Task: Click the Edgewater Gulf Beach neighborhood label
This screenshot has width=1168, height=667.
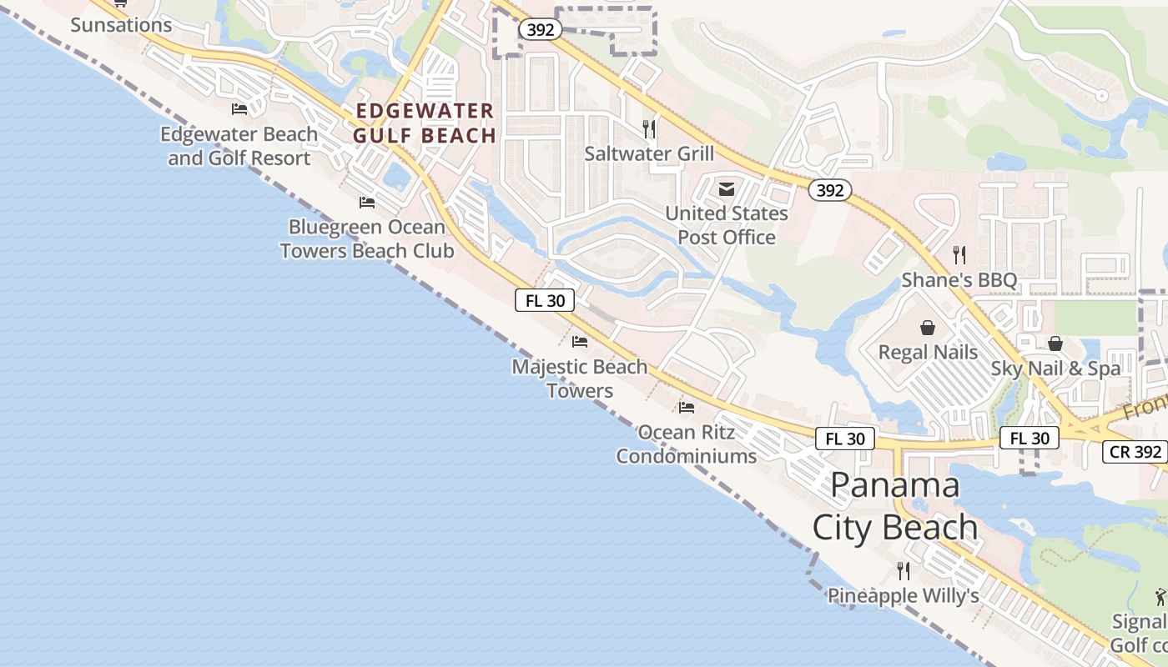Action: pyautogui.click(x=424, y=123)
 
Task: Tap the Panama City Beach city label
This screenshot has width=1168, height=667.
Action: pyautogui.click(x=895, y=506)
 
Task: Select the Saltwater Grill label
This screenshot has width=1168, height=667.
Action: pyautogui.click(x=649, y=153)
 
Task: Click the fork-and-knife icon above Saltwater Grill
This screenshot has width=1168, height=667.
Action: pyautogui.click(x=649, y=129)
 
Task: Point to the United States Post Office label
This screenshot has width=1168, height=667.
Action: pyautogui.click(x=726, y=225)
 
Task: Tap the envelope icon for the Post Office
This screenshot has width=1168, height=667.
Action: pyautogui.click(x=727, y=189)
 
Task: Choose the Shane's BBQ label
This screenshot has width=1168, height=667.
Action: pyautogui.click(x=959, y=280)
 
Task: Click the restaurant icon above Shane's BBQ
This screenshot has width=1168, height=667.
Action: pyautogui.click(x=959, y=255)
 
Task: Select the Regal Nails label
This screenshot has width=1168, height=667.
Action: pyautogui.click(x=928, y=352)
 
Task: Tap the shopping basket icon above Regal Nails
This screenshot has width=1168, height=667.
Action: pyautogui.click(x=928, y=328)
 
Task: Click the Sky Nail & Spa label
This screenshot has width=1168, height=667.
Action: pyautogui.click(x=1055, y=368)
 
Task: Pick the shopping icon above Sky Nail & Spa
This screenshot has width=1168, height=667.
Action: pyautogui.click(x=1055, y=344)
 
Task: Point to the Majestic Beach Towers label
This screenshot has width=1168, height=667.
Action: pyautogui.click(x=580, y=379)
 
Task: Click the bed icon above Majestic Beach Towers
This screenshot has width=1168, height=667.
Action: pyautogui.click(x=580, y=342)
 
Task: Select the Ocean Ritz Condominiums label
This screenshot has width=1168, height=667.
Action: pyautogui.click(x=686, y=444)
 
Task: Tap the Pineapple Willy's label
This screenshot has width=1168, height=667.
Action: pyautogui.click(x=903, y=595)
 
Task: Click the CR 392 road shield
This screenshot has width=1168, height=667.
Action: pyautogui.click(x=1135, y=452)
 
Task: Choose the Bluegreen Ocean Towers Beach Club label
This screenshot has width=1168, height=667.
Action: pyautogui.click(x=367, y=238)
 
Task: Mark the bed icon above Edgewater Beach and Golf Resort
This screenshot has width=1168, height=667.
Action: pyautogui.click(x=239, y=109)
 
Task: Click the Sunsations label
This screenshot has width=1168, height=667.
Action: pyautogui.click(x=121, y=25)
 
